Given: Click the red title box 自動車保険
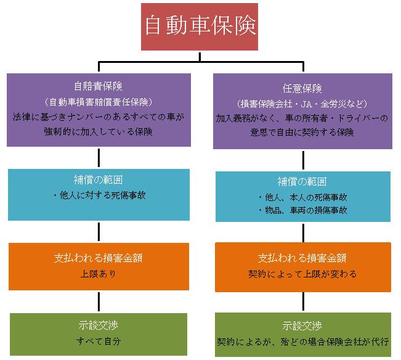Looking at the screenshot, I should point(200,27).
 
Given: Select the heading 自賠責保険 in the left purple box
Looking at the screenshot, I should point(99,87).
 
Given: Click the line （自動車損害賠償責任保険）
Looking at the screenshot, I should point(99,101).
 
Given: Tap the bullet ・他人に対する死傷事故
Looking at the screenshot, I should point(99,196).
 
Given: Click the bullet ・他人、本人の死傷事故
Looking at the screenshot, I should point(302,197).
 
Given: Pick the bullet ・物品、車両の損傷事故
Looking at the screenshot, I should point(302,210).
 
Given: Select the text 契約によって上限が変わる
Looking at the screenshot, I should point(302,273).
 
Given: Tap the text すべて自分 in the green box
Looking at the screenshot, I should point(99,340).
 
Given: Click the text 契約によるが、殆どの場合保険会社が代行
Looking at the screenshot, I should point(302,340).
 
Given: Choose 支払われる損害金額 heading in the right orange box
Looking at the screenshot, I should point(302,258).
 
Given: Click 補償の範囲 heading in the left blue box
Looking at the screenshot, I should point(99,182).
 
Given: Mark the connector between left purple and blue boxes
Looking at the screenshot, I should point(99,158).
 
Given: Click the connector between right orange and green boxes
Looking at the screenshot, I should point(303,301).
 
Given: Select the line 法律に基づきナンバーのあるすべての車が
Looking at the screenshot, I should point(99,116).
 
